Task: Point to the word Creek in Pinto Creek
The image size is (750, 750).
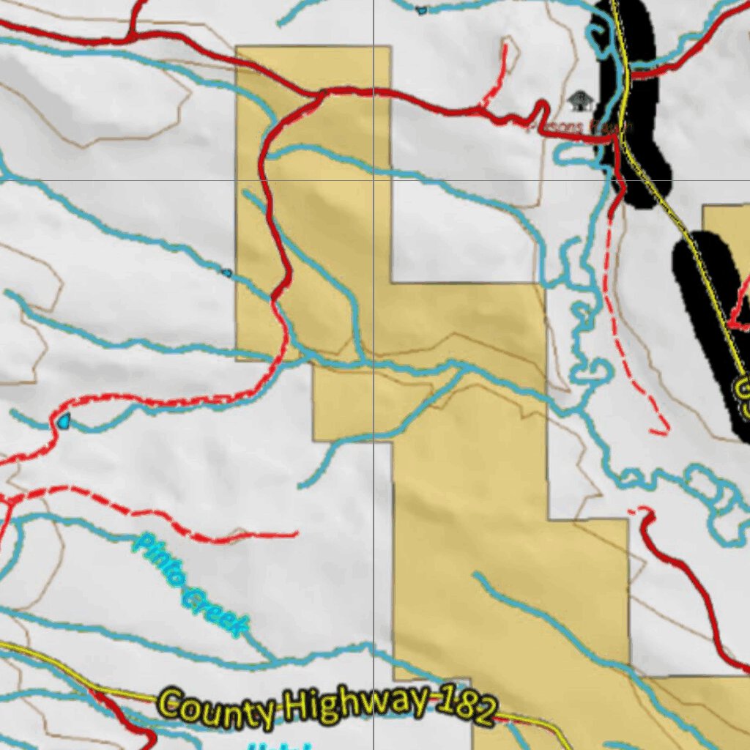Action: click(x=214, y=614)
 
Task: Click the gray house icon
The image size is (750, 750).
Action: click(x=580, y=101)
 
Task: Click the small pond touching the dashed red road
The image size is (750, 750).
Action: click(x=64, y=420)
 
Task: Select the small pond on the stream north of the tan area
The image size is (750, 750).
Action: click(x=421, y=10)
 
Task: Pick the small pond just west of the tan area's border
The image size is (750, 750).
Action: click(x=226, y=272)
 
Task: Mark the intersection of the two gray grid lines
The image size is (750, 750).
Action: click(x=374, y=180)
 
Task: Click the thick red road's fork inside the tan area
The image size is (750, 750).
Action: click(x=320, y=94)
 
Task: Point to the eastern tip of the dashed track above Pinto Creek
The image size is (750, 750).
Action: click(x=297, y=534)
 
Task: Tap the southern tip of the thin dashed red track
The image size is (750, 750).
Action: click(x=665, y=431)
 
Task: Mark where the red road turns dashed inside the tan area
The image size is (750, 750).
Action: click(x=275, y=299)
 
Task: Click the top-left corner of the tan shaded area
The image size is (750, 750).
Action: click(x=237, y=48)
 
